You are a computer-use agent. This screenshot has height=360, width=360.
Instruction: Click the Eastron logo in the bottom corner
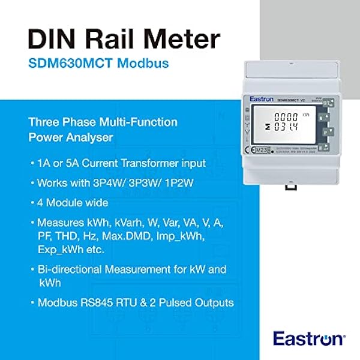click(x=309, y=338)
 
